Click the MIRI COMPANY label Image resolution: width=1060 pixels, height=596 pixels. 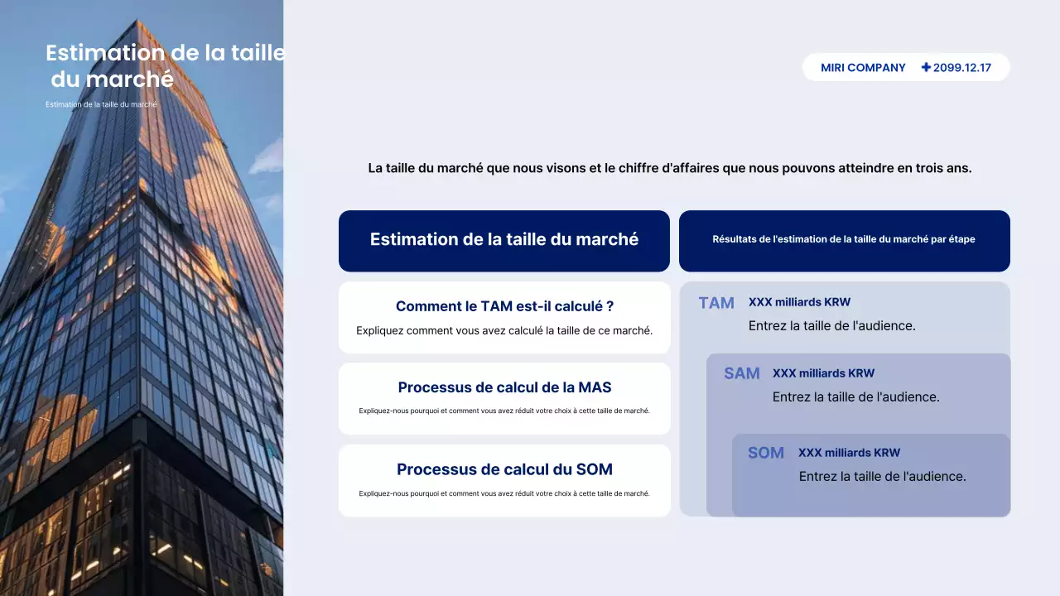point(863,68)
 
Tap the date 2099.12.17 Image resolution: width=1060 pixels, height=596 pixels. point(962,68)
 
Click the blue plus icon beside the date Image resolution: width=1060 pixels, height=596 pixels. point(926,67)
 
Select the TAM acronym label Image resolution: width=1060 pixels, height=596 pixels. point(716,303)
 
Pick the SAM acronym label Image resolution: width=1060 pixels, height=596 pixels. point(742,373)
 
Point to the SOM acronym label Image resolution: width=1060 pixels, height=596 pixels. point(766,453)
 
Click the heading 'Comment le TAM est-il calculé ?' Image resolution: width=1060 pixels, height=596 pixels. point(504,306)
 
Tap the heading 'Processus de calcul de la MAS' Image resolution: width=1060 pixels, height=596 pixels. point(504,387)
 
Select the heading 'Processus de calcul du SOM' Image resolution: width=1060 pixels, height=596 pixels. point(504,469)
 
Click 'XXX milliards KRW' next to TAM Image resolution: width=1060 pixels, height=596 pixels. point(799,302)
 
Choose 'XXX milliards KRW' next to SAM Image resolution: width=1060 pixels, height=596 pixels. point(823,373)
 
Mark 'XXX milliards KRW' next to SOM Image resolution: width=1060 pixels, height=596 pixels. point(849,453)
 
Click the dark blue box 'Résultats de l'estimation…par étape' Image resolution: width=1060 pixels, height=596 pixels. point(844,240)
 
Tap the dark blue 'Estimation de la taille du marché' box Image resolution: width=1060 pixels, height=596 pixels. point(504,240)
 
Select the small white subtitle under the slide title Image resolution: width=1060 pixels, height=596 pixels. point(101,104)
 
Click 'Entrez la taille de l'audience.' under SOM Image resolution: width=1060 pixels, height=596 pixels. point(882,477)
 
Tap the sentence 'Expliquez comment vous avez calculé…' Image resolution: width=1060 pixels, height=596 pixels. point(504,330)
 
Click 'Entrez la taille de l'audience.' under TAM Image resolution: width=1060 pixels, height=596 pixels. point(831,326)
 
